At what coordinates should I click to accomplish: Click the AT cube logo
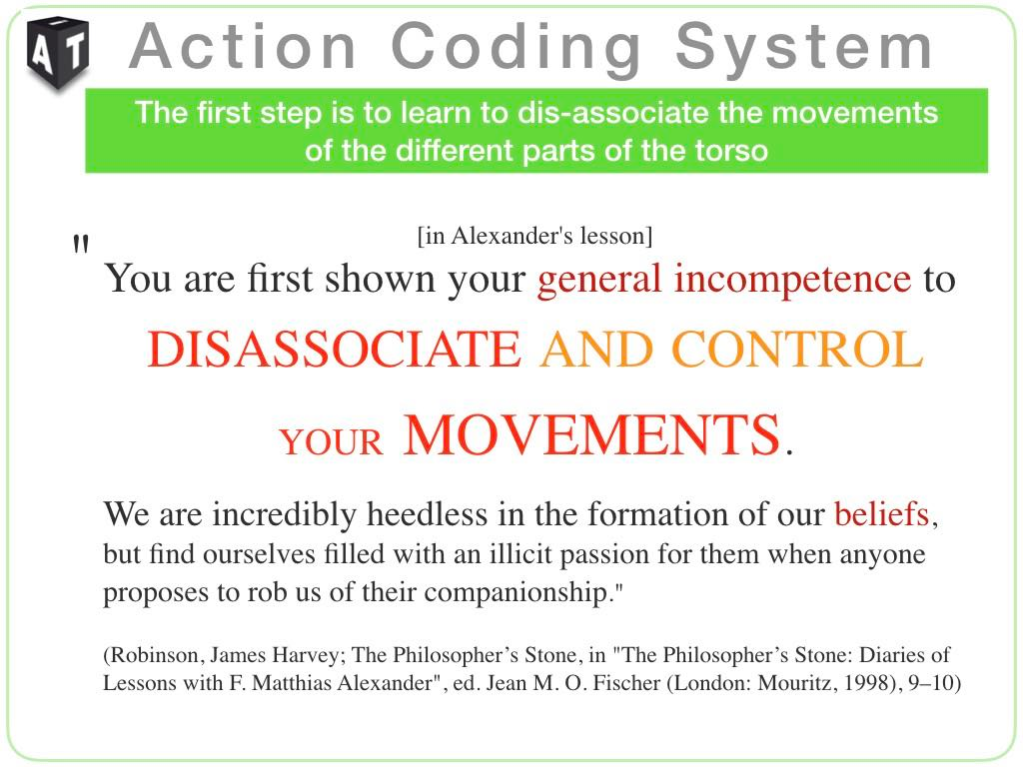tap(58, 52)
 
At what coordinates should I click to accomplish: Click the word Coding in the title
tap(516, 48)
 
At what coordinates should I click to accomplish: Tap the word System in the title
tap(804, 48)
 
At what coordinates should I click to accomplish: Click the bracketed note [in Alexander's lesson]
tap(535, 236)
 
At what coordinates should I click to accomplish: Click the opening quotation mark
tap(81, 245)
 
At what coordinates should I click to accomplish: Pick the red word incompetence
tap(792, 280)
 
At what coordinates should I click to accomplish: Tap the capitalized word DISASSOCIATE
tap(334, 350)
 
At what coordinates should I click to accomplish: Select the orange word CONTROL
tap(797, 350)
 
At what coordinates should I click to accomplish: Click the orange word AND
tap(596, 350)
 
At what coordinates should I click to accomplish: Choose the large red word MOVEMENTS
tap(591, 434)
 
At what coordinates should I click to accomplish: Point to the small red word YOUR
tap(332, 442)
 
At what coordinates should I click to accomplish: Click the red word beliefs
tap(881, 514)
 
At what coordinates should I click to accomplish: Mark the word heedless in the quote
tap(427, 514)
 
